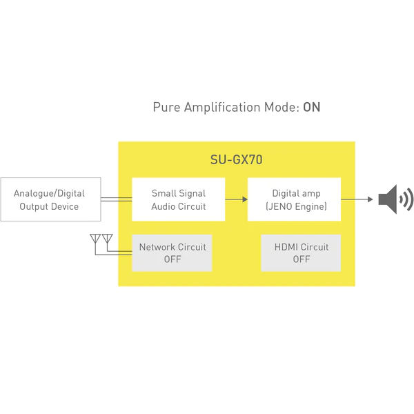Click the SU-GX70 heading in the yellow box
(x=236, y=159)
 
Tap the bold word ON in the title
(x=312, y=107)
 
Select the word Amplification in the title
(x=222, y=108)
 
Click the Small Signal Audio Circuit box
(x=179, y=199)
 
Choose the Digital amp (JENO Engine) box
(x=294, y=199)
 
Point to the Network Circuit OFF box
(x=172, y=253)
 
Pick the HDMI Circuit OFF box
(x=301, y=253)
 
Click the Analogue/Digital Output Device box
(x=50, y=199)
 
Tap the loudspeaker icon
(x=395, y=199)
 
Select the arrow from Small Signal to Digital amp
(x=236, y=199)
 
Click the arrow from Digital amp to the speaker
(x=357, y=199)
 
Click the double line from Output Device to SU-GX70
(x=117, y=199)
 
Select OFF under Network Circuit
(x=172, y=259)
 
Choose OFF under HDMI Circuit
(x=302, y=259)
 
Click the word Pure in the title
(x=166, y=108)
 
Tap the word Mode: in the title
(x=282, y=108)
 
